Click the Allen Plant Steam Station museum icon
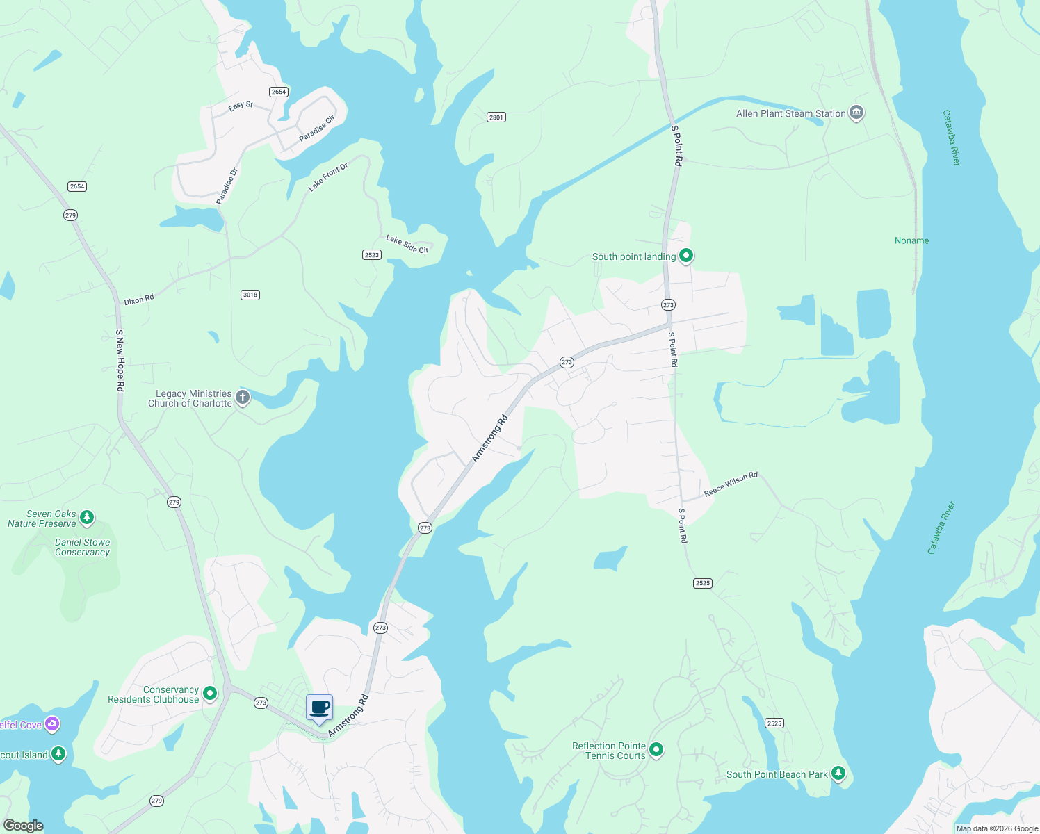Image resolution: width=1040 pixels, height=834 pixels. coord(856,113)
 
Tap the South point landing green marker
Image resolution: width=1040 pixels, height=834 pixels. coord(685,256)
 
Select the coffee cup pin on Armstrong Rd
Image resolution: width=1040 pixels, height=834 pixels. coord(320,708)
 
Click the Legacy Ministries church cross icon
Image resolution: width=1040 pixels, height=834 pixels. coord(242,398)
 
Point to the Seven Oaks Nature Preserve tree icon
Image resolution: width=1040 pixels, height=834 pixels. coord(86,517)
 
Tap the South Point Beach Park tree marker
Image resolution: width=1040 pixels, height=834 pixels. coord(838,773)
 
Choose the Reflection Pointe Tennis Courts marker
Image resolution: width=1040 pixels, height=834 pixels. coord(656,749)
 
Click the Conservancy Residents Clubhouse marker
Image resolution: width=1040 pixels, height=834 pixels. coord(210,693)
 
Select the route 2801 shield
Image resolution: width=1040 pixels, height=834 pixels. coord(496,117)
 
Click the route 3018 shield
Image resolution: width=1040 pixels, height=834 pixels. coord(250,295)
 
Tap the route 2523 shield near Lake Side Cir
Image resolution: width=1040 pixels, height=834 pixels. coord(372,255)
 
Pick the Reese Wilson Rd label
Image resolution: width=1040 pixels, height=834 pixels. coord(731,484)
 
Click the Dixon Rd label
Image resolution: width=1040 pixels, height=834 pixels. coord(139,300)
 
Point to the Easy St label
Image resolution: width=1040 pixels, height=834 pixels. coord(241,106)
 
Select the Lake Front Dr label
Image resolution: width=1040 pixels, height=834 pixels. coord(328,177)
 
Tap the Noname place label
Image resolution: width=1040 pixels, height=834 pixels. coord(911,240)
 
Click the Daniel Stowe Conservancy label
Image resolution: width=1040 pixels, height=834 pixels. coord(82,547)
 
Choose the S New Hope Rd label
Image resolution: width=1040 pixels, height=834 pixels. coord(120,360)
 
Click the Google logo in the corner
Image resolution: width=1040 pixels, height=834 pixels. coord(24,826)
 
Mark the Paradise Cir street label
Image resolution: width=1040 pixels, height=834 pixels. coord(317,129)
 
